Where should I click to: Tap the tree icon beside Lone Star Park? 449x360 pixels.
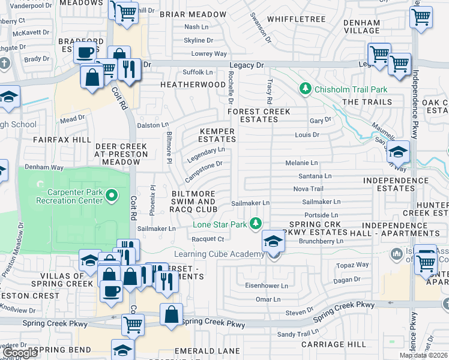coord(256,224)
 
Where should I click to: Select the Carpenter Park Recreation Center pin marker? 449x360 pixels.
coord(110,195)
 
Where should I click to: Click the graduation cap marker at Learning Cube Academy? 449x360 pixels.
coord(273,242)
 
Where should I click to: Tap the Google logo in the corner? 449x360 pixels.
coord(20,353)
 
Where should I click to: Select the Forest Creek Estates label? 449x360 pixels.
coord(259,115)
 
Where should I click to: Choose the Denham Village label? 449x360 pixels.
coord(362,26)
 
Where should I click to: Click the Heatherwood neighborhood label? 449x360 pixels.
coord(192,85)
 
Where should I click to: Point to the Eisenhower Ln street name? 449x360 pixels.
coord(267,286)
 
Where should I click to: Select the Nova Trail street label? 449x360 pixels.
coord(309,188)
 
